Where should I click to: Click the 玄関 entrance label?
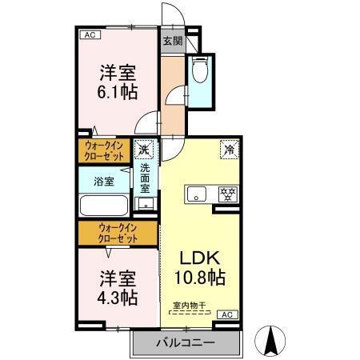(x=172, y=40)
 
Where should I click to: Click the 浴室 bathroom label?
(x=103, y=181)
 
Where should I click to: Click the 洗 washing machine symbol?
(x=145, y=150)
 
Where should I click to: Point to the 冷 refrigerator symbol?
(x=230, y=150)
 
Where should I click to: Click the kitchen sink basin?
(x=198, y=194)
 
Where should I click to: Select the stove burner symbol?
(x=228, y=194)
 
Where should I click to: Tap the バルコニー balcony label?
(x=186, y=342)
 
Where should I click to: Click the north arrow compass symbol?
(x=272, y=342)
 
